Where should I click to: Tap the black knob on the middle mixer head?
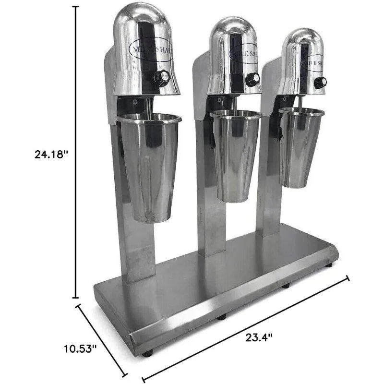(x=253, y=79)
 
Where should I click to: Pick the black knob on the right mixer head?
(x=320, y=82)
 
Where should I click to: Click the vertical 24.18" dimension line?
(x=76, y=154)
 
